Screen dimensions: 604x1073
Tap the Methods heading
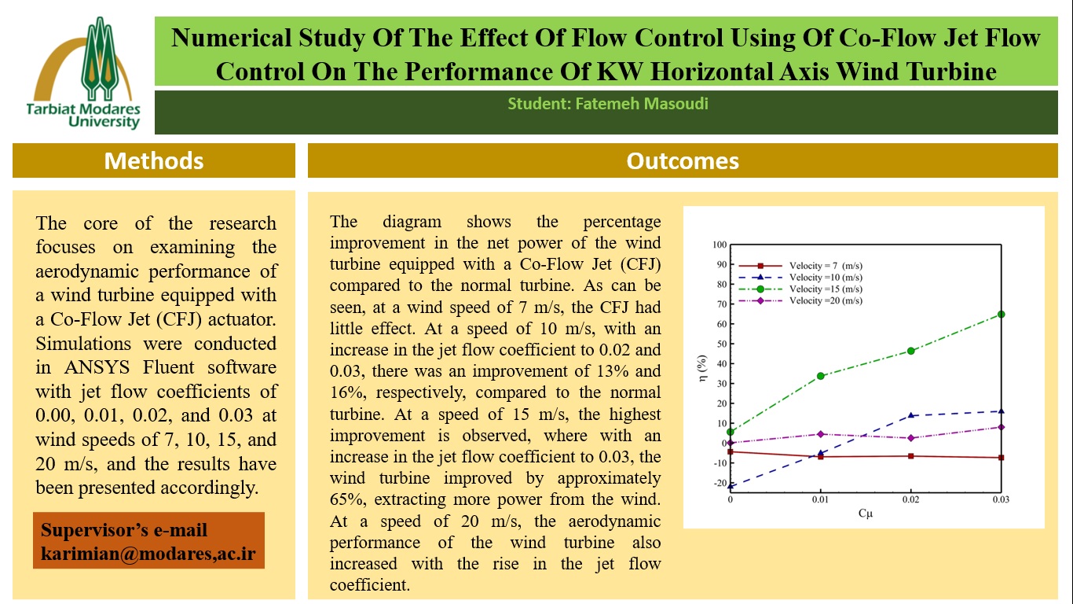tap(154, 160)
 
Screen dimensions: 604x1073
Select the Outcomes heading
tap(682, 160)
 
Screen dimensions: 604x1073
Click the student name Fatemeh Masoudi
tap(607, 104)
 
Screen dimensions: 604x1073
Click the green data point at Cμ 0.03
tap(1001, 315)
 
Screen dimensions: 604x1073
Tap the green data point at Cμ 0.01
tap(821, 376)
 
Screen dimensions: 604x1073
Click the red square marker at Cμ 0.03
tap(1001, 458)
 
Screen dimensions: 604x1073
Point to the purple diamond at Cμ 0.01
tap(821, 434)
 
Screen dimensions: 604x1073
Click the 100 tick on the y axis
tap(717, 245)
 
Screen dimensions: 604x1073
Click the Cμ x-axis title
tap(864, 514)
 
